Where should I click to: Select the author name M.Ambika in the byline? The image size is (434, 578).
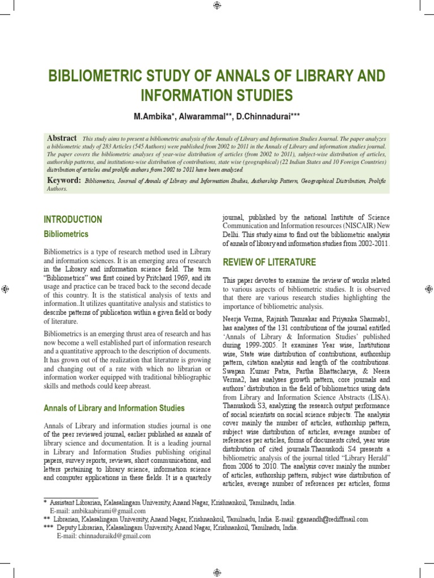tap(154, 116)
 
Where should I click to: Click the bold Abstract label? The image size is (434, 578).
tap(62, 138)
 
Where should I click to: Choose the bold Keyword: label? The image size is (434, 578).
tap(64, 180)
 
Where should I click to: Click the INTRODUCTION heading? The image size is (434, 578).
tap(73, 220)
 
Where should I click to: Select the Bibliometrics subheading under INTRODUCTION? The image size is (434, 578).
tap(66, 234)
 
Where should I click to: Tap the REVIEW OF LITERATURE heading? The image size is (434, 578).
tap(270, 262)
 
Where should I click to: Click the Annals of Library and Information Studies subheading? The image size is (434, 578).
tap(114, 408)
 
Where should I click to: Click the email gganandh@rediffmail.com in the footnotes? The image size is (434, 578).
tap(334, 519)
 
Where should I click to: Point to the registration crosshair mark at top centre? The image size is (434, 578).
tap(217, 6)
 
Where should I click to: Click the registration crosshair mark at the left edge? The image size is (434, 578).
tap(5, 289)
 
